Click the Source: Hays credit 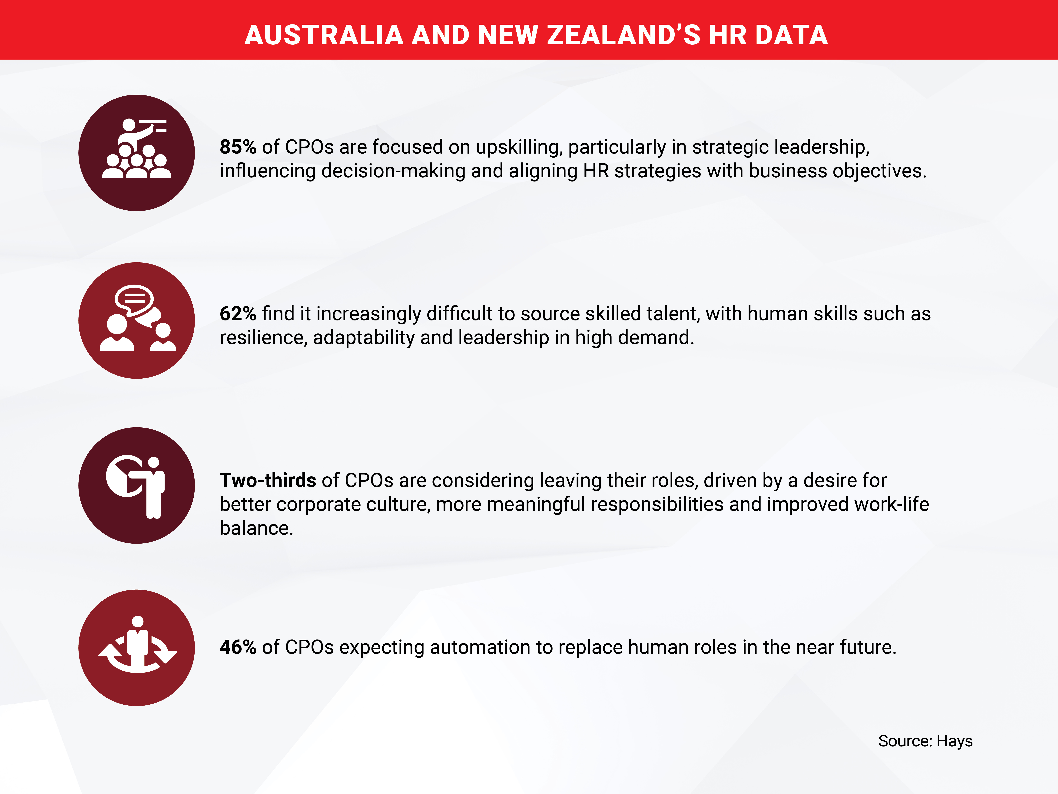[925, 741]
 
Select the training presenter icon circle [137, 153]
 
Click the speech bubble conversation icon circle [137, 320]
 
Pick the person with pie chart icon [137, 485]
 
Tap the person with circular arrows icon [137, 648]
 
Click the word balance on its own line [256, 528]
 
